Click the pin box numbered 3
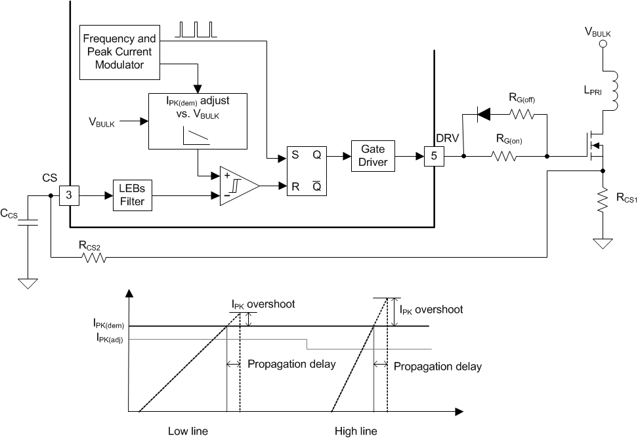point(70,195)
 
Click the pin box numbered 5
point(433,157)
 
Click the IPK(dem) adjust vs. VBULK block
point(198,120)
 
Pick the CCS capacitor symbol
point(28,224)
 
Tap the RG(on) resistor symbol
point(505,157)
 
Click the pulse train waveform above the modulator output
point(195,30)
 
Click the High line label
point(356,431)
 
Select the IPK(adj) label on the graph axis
point(109,339)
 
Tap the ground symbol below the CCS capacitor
point(28,283)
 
